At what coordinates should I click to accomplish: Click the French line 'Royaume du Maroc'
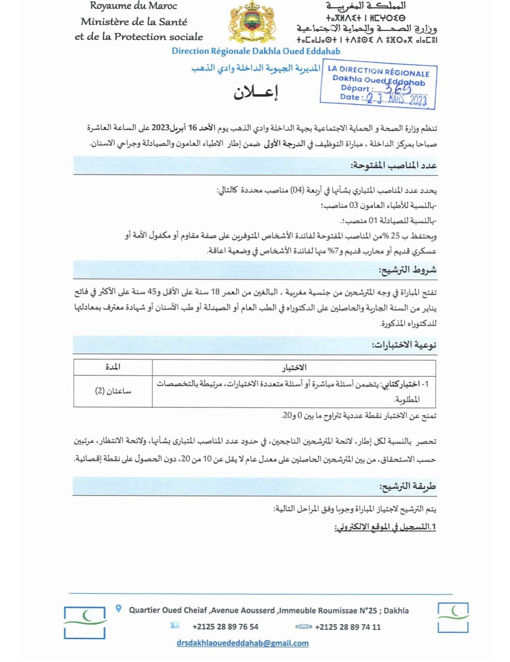[133, 6]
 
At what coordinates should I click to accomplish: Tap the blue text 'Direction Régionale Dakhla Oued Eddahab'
[256, 51]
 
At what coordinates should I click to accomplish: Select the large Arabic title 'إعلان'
[256, 93]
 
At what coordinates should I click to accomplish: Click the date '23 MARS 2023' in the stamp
[397, 99]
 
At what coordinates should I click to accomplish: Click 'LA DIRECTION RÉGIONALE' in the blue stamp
[378, 71]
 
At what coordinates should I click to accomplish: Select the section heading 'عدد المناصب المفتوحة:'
[393, 165]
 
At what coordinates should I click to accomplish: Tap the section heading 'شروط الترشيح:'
[407, 270]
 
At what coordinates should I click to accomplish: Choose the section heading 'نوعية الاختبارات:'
[404, 345]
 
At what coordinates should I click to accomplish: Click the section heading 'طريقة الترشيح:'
[407, 486]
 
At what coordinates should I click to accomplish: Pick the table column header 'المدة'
[113, 367]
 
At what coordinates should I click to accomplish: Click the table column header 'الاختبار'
[294, 368]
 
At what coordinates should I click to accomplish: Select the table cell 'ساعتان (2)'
[113, 391]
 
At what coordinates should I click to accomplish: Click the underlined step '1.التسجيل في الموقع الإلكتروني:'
[385, 527]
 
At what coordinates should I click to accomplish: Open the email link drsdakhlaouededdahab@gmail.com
[243, 643]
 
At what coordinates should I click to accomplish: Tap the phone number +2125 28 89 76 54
[225, 627]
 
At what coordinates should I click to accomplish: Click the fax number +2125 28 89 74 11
[348, 627]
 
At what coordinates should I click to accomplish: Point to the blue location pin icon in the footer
[119, 609]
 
